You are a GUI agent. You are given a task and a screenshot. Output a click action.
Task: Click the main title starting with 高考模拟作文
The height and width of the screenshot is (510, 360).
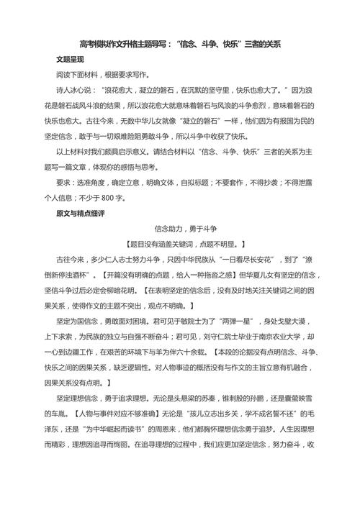click(x=179, y=43)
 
